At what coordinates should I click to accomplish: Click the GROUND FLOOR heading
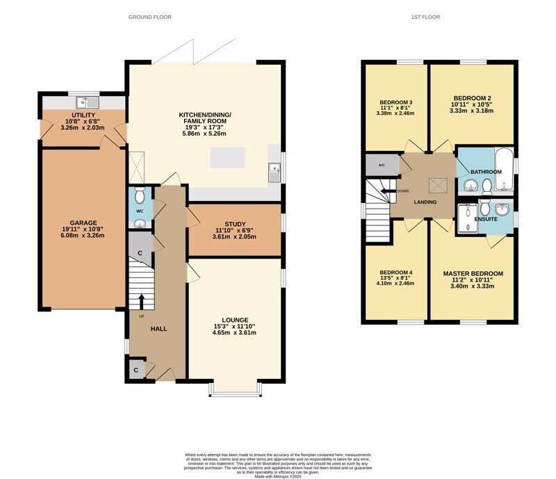150,17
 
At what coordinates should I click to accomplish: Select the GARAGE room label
83,223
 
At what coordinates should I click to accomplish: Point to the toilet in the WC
139,193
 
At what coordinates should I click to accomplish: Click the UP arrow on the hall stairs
141,301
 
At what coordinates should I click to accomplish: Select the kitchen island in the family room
228,158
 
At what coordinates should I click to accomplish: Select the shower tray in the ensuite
469,216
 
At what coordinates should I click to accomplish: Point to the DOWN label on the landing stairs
403,191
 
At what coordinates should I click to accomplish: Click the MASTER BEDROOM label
473,273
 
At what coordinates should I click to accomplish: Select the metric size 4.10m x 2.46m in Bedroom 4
395,284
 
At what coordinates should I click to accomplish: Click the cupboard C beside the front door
136,371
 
